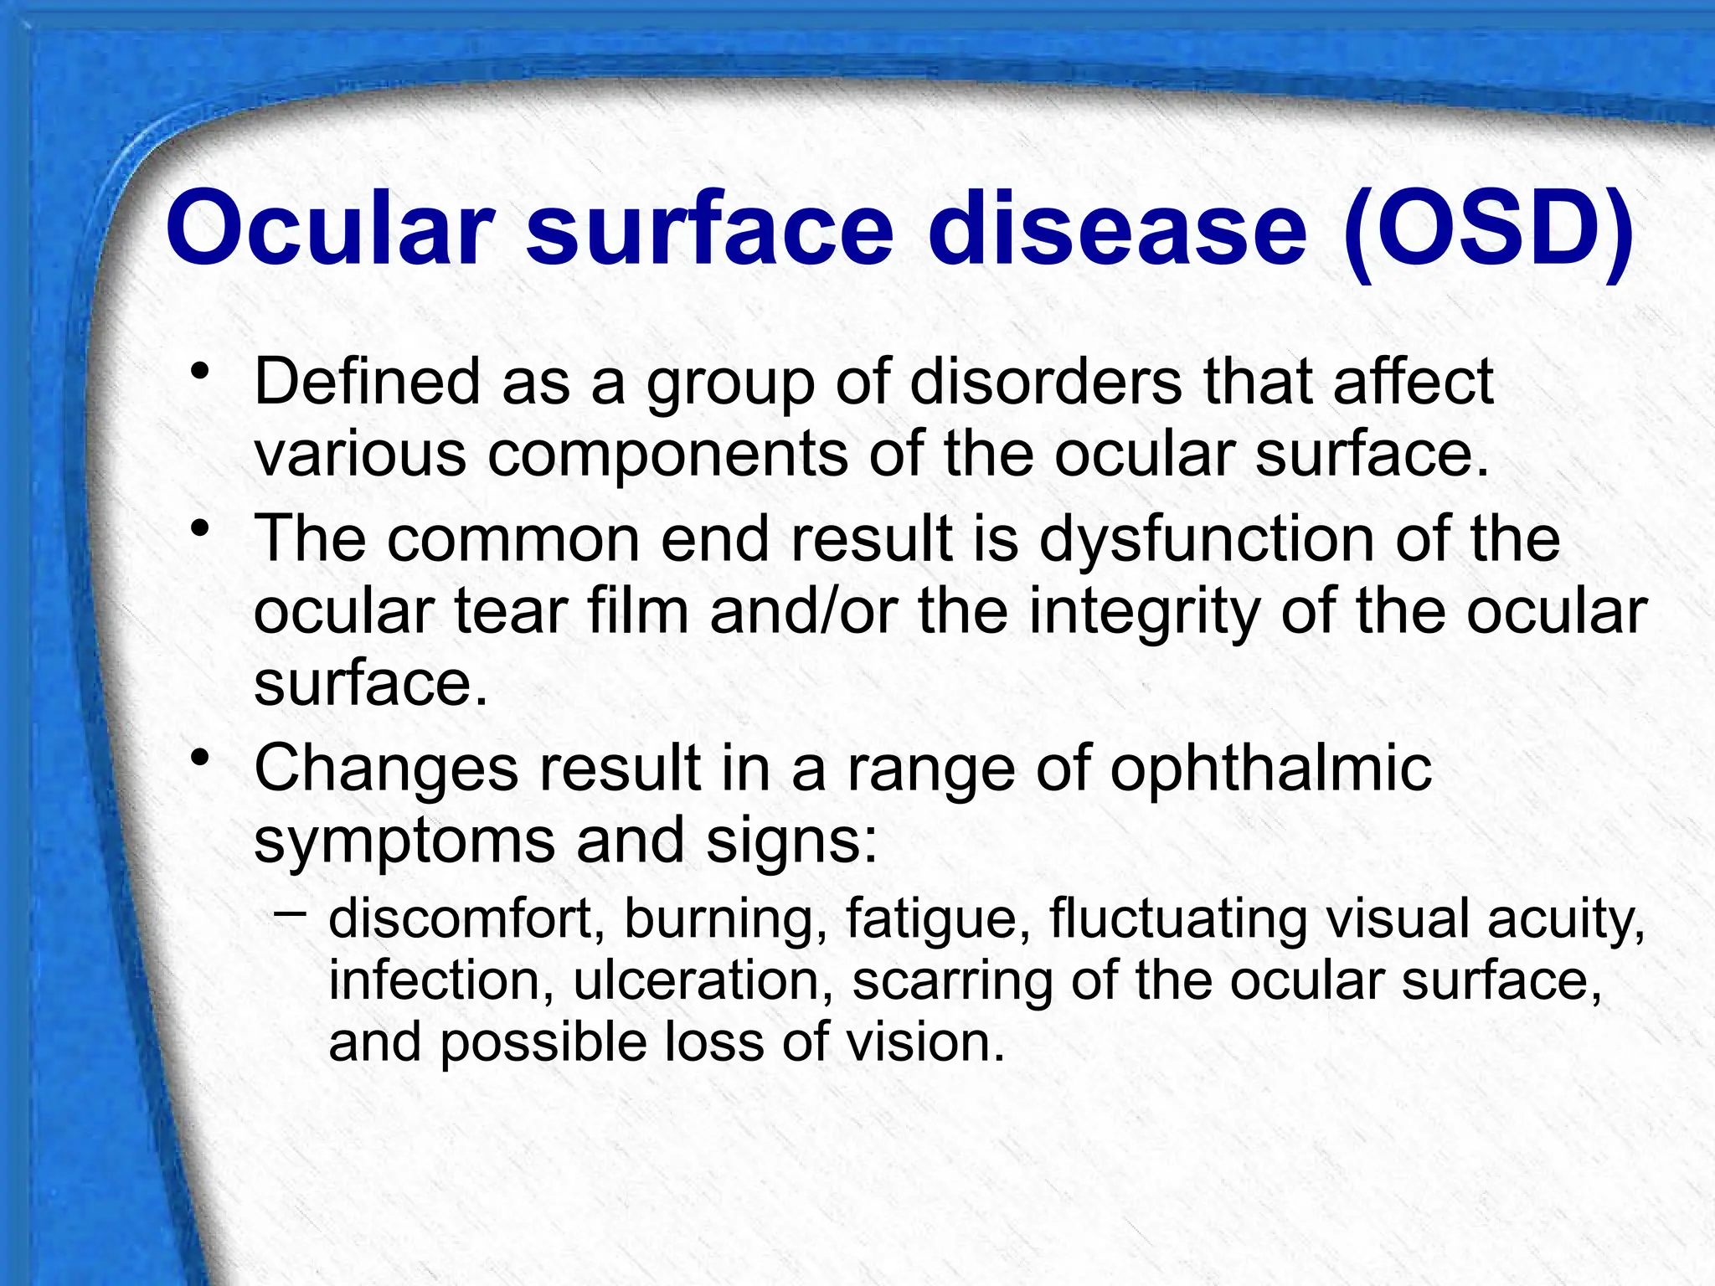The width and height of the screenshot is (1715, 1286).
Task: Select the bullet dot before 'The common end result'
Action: [198, 529]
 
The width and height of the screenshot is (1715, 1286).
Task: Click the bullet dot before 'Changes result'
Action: [198, 759]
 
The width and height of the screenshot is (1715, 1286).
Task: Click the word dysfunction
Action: [1207, 539]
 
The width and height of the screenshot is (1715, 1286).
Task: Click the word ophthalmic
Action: [1270, 769]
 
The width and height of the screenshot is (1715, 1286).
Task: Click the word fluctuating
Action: [1177, 919]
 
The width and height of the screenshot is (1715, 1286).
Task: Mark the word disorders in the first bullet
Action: [1046, 382]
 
